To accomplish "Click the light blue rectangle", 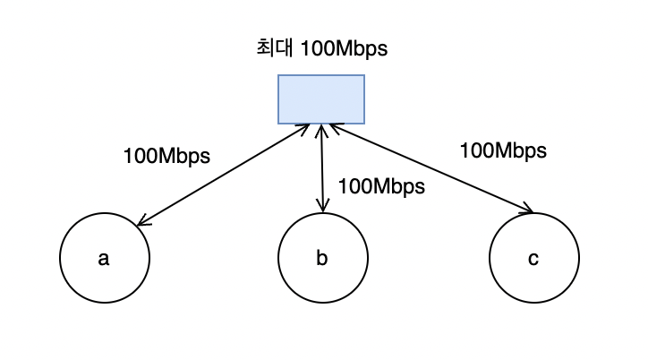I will coord(320,99).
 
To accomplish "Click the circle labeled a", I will coord(104,259).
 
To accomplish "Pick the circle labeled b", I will coord(322,259).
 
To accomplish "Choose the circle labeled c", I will coord(533,259).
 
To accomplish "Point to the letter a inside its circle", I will coord(104,260).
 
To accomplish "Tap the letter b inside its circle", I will coord(322,259).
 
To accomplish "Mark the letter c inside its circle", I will coord(533,260).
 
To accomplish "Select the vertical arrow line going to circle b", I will coord(322,170).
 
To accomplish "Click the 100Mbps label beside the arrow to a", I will coord(166,155).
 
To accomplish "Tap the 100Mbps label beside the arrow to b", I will coord(381,186).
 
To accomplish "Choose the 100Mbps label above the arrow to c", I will coord(503,150).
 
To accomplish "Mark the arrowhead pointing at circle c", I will coord(529,211).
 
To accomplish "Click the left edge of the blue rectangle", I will coord(278,99).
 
